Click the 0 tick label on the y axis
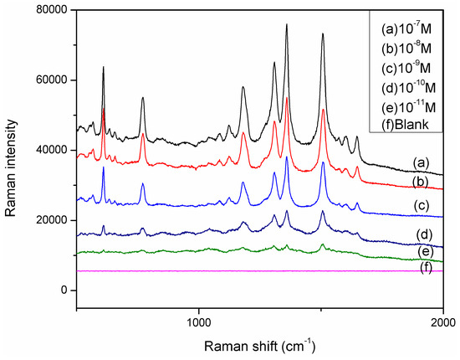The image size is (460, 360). click(x=64, y=290)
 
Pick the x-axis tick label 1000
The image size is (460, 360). click(x=199, y=320)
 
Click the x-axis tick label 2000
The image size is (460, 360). click(x=442, y=320)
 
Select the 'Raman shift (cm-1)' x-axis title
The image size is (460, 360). click(x=259, y=344)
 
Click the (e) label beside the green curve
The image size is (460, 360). click(x=421, y=249)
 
